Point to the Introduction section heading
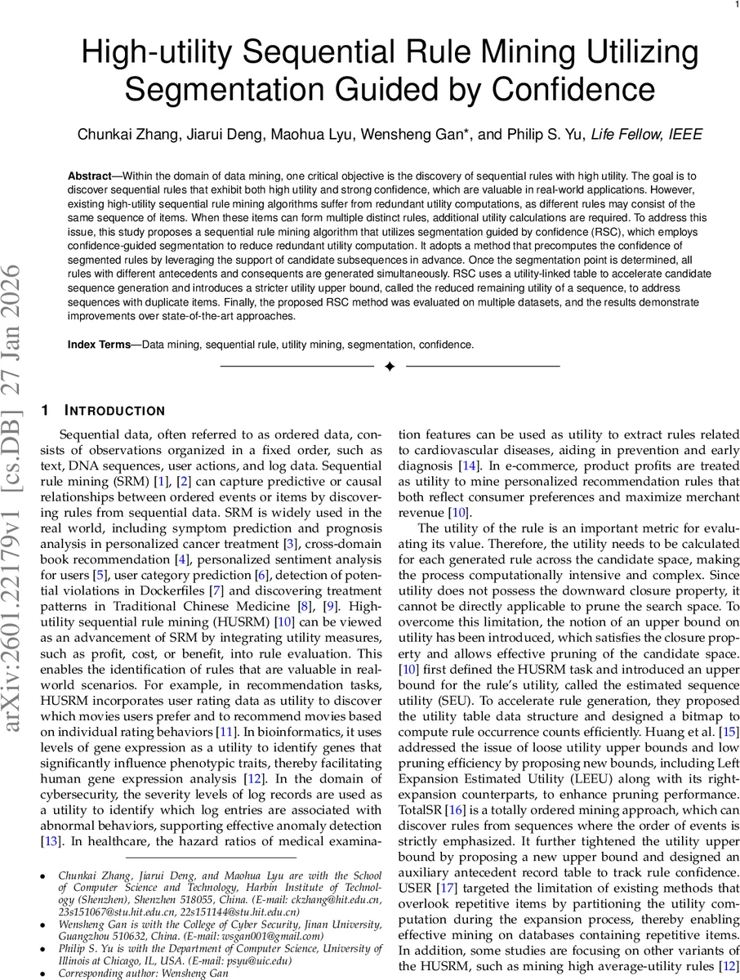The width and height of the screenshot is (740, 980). tap(114, 410)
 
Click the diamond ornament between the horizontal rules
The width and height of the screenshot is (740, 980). tap(390, 367)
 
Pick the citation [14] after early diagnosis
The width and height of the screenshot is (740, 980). tap(469, 465)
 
